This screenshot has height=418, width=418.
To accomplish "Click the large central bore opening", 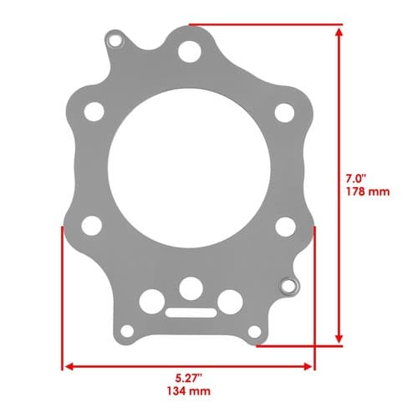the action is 189,168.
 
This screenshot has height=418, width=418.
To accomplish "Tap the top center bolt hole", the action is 190,52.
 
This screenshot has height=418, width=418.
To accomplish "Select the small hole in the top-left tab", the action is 115,41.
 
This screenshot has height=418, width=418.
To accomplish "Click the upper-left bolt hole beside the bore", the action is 94,111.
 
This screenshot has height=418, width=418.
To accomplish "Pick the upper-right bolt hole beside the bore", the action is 284,113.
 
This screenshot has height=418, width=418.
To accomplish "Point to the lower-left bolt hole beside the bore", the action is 92,226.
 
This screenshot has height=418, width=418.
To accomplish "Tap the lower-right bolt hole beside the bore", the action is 285,227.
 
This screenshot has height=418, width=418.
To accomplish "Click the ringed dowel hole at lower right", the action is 289,287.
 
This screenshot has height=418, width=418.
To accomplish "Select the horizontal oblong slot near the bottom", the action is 191,313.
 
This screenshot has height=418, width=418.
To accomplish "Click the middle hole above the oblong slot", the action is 191,288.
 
